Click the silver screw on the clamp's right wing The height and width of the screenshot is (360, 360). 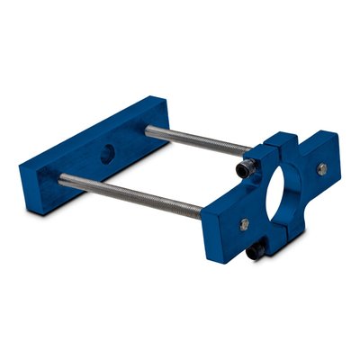(321, 168)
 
